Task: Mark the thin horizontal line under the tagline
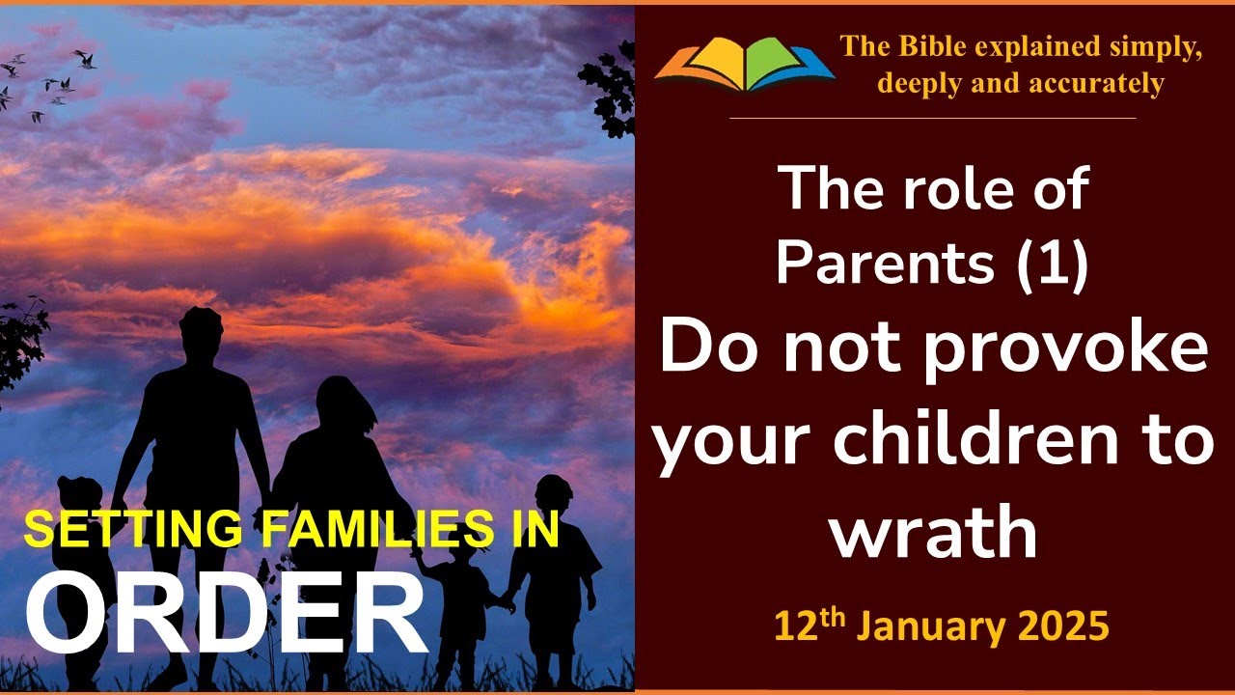932,118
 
